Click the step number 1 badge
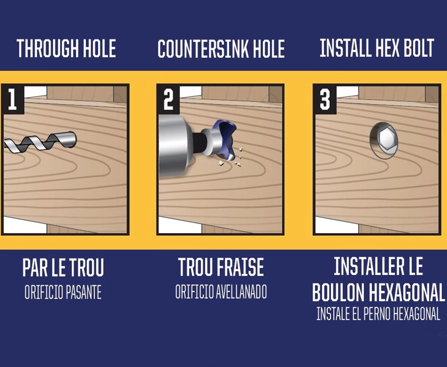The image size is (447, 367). [13, 99]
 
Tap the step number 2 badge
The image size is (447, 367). [169, 99]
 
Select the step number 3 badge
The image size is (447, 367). [325, 99]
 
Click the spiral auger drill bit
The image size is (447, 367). [40, 142]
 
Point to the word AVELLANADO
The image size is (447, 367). [241, 292]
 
